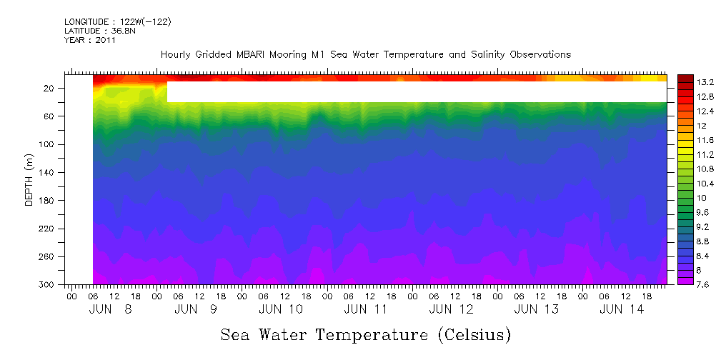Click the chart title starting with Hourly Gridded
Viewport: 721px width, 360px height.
(365, 55)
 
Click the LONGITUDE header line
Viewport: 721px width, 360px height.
(117, 22)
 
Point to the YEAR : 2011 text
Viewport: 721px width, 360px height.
(89, 41)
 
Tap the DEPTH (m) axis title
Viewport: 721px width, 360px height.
(29, 179)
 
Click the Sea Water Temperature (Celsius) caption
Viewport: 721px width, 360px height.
(365, 334)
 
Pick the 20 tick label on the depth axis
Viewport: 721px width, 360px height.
(49, 89)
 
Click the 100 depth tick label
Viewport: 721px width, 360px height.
(47, 145)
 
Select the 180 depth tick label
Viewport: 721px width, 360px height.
(47, 201)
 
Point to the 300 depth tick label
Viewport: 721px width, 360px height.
(47, 285)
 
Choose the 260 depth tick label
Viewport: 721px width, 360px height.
(47, 257)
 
